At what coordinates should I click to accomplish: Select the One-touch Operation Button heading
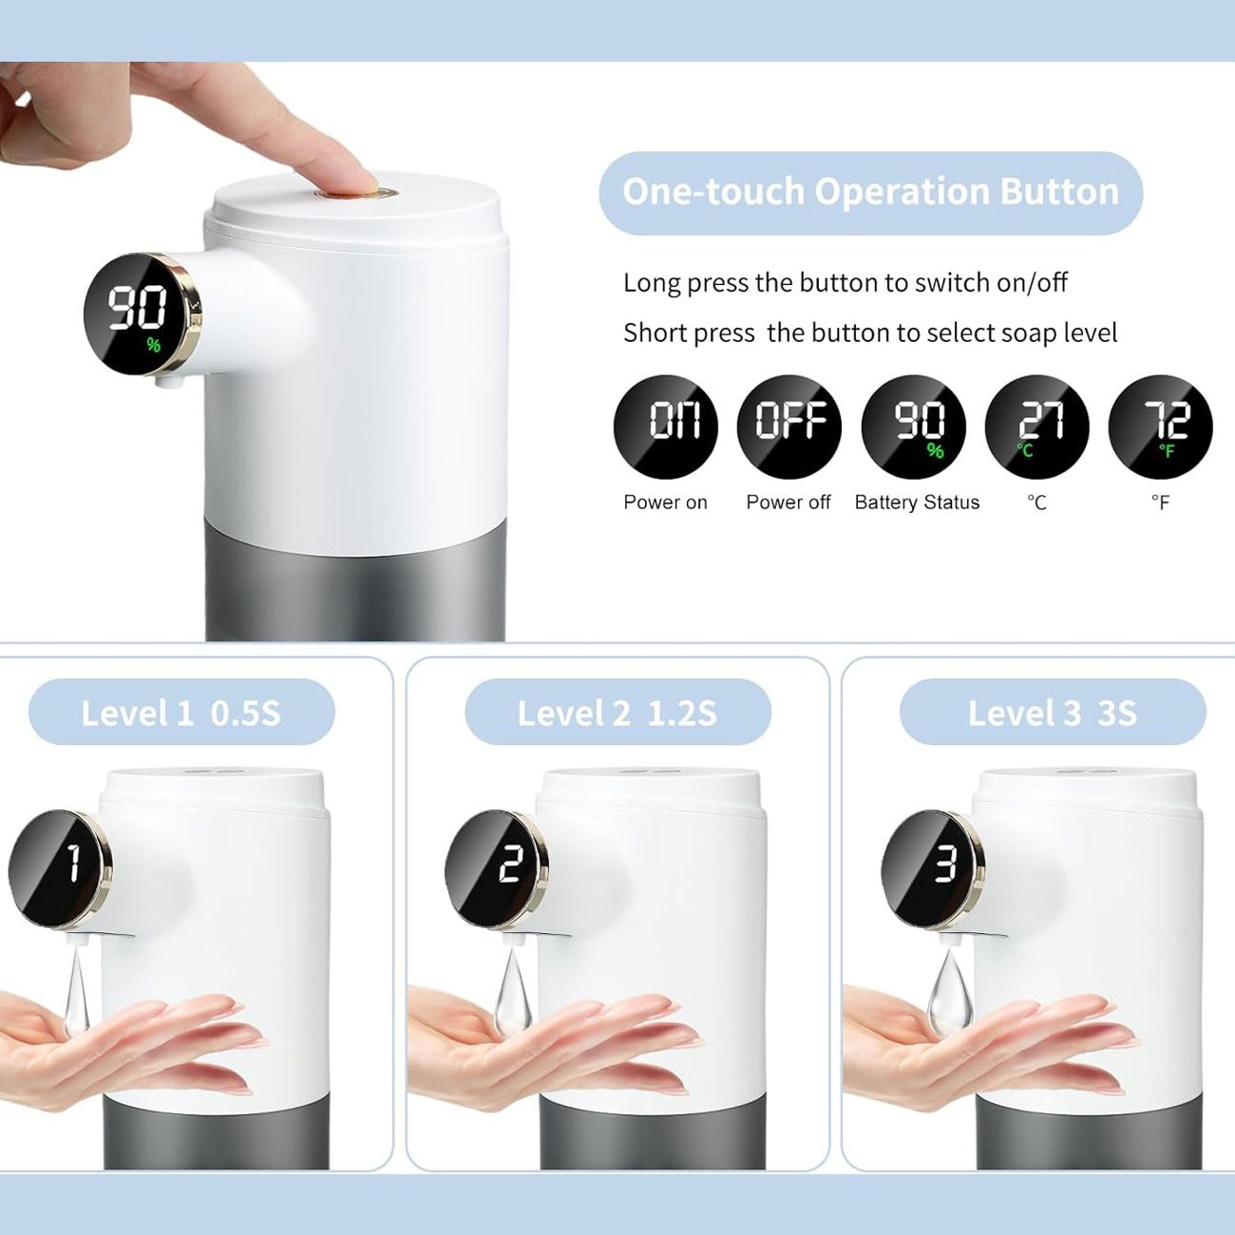pyautogui.click(x=870, y=192)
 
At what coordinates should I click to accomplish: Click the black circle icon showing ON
pyautogui.click(x=665, y=427)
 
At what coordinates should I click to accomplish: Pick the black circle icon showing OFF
pyautogui.click(x=788, y=427)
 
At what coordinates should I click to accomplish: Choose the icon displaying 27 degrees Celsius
pyautogui.click(x=1037, y=427)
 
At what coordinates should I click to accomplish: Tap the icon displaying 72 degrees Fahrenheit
pyautogui.click(x=1161, y=427)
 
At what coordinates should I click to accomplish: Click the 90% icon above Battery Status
pyautogui.click(x=913, y=427)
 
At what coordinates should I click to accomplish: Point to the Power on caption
pyautogui.click(x=665, y=502)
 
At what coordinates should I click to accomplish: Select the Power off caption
pyautogui.click(x=788, y=502)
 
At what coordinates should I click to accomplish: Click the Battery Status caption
pyautogui.click(x=917, y=503)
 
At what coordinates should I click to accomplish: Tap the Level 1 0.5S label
pyautogui.click(x=180, y=712)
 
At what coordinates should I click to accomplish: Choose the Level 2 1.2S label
pyautogui.click(x=617, y=712)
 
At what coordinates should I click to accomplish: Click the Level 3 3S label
pyautogui.click(x=1053, y=712)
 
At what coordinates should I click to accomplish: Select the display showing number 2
pyautogui.click(x=496, y=869)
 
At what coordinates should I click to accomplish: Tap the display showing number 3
pyautogui.click(x=933, y=869)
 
